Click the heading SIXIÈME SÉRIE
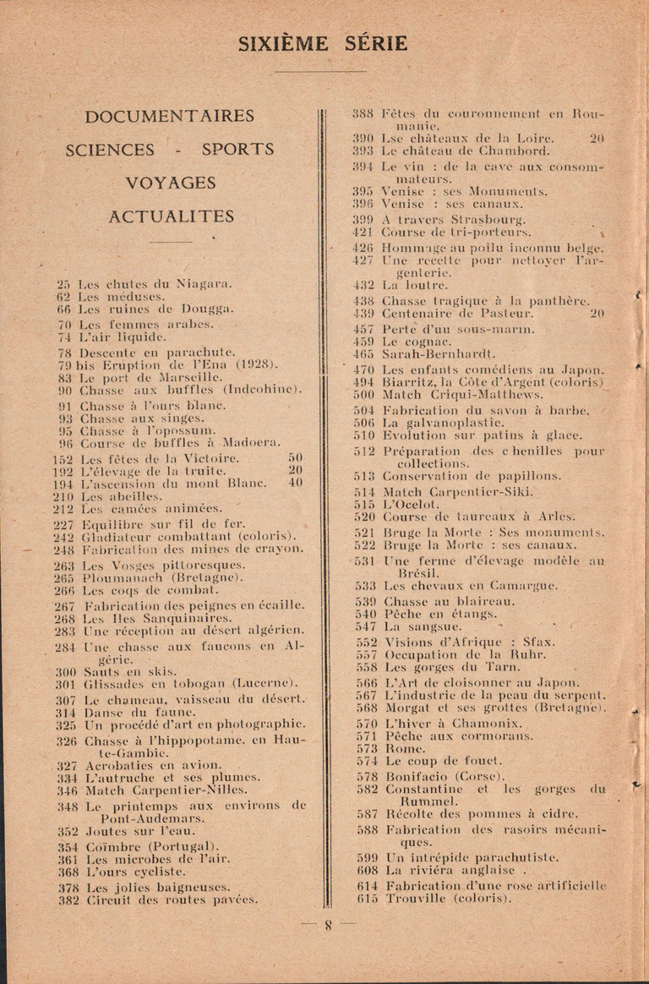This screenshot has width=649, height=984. tap(324, 44)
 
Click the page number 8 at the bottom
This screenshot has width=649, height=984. tap(329, 925)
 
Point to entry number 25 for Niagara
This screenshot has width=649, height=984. tap(63, 284)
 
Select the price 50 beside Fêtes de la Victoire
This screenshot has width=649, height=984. tap(295, 458)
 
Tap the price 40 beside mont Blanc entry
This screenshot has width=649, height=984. tap(295, 483)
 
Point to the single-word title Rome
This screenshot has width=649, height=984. tap(400, 748)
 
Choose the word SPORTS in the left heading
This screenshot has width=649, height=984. tap(237, 150)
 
